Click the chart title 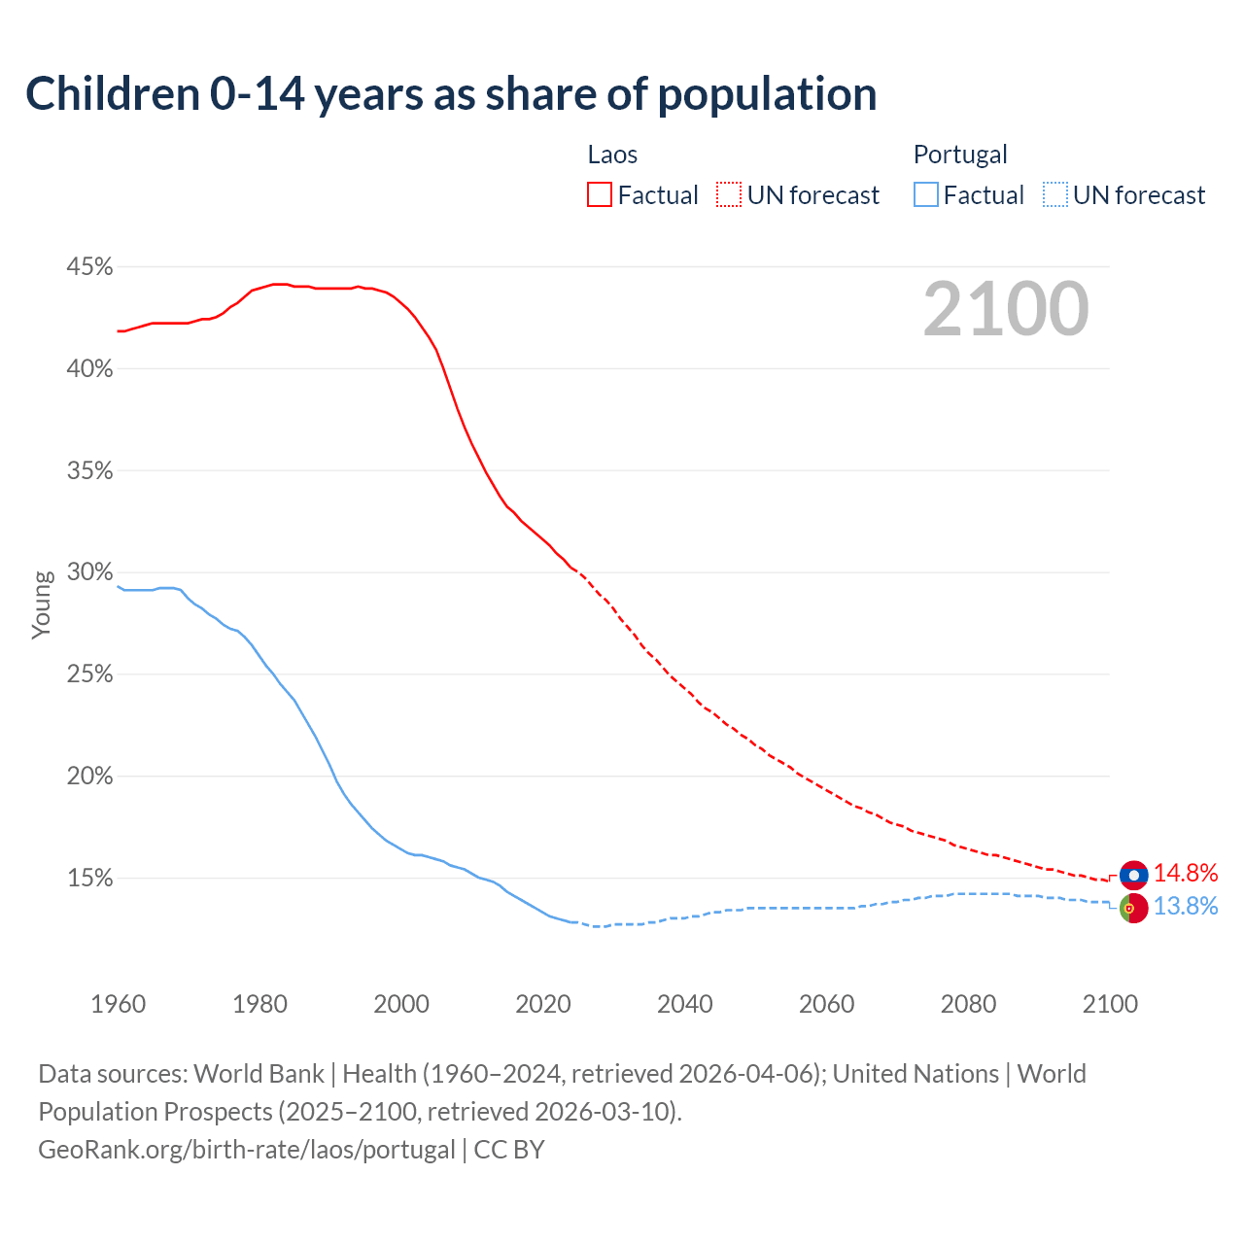point(451,94)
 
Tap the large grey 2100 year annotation point(1006,309)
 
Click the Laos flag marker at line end point(1133,875)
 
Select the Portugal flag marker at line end point(1133,908)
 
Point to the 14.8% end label point(1186,873)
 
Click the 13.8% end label point(1186,906)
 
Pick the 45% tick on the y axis point(89,266)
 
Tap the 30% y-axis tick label point(89,571)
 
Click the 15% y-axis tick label point(89,878)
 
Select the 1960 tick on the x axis point(118,1003)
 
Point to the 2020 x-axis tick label point(543,1003)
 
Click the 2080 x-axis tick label point(968,1003)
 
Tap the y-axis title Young point(42,605)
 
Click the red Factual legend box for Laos point(600,195)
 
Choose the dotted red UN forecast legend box point(729,195)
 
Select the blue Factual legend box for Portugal point(925,195)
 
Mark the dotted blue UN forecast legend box point(1054,195)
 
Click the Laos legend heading point(612,155)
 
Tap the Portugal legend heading point(960,155)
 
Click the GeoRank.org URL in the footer point(247,1150)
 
